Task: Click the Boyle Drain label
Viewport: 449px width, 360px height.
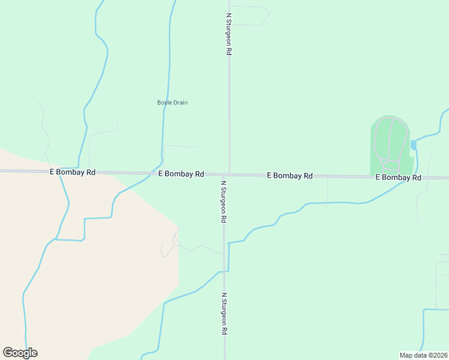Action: tap(172, 103)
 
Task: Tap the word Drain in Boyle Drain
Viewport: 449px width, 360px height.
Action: tap(181, 103)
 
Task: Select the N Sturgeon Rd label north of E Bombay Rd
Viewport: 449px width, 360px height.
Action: tap(229, 34)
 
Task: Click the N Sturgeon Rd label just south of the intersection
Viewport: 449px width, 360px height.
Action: tap(223, 202)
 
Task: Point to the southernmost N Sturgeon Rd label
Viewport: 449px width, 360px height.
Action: tap(224, 314)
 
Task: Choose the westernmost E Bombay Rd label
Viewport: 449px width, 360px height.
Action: tap(73, 172)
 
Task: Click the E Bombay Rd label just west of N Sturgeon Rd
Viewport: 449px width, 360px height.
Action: tap(181, 174)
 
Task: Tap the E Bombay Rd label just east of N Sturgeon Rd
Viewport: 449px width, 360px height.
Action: tap(289, 176)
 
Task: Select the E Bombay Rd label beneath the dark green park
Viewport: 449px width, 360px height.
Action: tap(398, 178)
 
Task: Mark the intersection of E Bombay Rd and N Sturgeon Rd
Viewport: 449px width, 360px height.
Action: tap(228, 175)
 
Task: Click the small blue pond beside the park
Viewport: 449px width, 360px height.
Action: tap(413, 145)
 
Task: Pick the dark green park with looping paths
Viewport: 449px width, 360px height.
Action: tap(390, 144)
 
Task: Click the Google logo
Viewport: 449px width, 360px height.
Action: tap(20, 353)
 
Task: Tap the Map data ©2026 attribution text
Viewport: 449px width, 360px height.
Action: tap(423, 355)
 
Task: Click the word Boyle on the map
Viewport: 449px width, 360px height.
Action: tap(164, 103)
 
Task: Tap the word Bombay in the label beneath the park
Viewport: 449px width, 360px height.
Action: tap(399, 178)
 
